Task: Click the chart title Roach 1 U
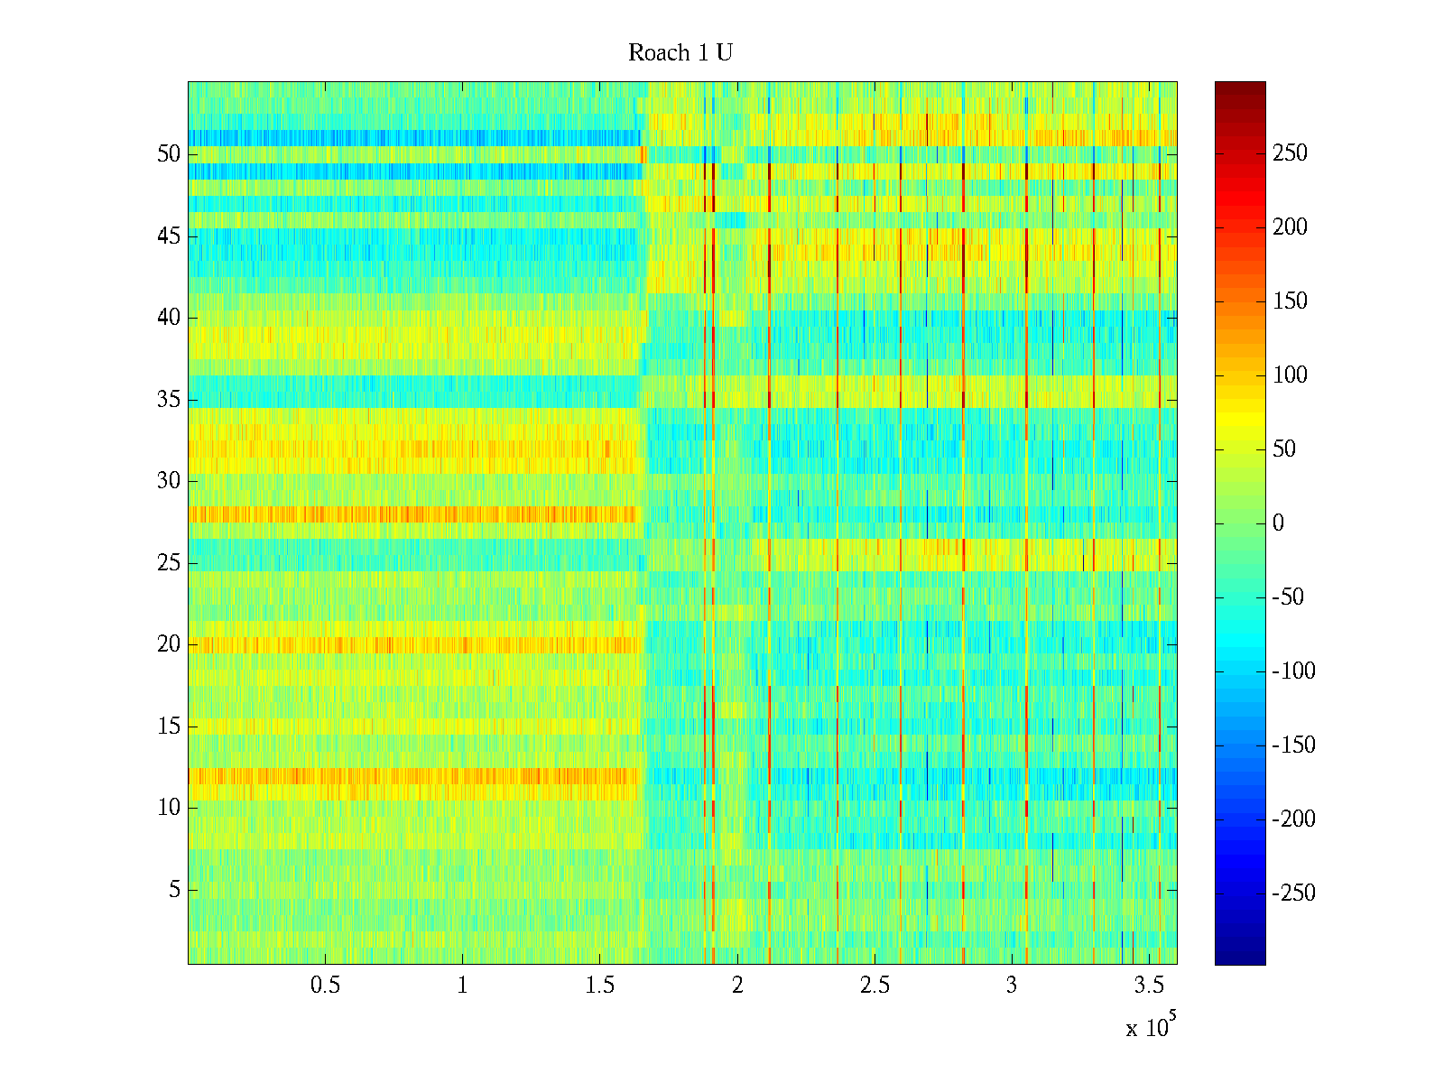[680, 53]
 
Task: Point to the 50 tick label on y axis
[169, 154]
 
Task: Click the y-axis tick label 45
[169, 236]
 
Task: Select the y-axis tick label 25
[169, 563]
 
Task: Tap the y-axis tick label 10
[169, 808]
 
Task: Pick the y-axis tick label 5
[174, 890]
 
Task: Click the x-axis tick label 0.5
[325, 986]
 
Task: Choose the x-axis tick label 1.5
[599, 986]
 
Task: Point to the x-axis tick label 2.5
[875, 986]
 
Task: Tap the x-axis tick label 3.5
[1148, 986]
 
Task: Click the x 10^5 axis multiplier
[1151, 1027]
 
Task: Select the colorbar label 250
[1290, 153]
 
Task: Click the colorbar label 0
[1278, 523]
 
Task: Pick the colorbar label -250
[1293, 893]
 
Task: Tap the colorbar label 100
[1290, 375]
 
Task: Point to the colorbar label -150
[1293, 745]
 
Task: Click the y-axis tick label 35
[169, 400]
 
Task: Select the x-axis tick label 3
[1011, 986]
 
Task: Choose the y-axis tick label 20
[169, 644]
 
